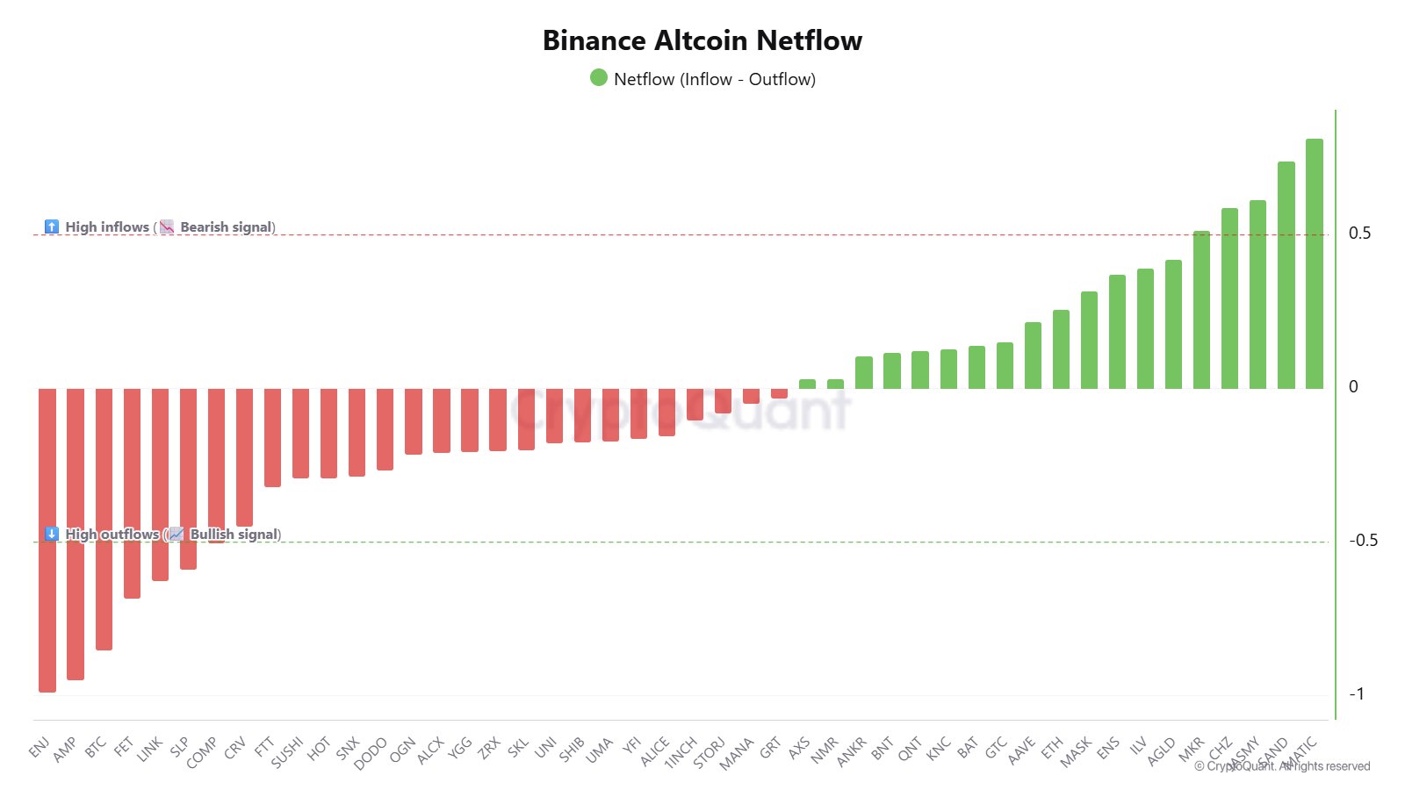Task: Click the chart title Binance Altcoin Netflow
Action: coord(702,40)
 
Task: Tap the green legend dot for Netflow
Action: coord(599,78)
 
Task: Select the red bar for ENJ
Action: coord(47,540)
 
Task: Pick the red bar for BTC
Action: coord(104,519)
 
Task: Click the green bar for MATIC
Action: coord(1314,263)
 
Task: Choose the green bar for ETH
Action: coord(1061,349)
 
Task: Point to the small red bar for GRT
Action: coord(779,393)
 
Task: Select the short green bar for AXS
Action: coord(807,384)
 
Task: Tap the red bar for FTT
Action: coord(272,437)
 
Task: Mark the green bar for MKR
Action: coord(1201,310)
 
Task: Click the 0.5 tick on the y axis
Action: coord(1359,233)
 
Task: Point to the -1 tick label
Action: coord(1357,694)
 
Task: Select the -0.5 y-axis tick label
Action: coord(1363,541)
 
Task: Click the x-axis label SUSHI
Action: coord(287,752)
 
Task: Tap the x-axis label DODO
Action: coord(371,753)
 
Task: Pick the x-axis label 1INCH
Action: coord(681,752)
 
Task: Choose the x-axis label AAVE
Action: coord(1021,750)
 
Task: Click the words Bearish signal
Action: coord(227,227)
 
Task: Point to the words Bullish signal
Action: coord(234,535)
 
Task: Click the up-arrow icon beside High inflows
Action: coord(52,227)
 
